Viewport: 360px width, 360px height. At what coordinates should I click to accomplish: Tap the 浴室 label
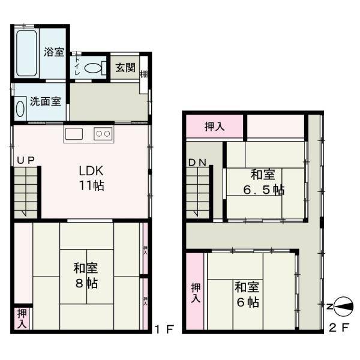(x=54, y=52)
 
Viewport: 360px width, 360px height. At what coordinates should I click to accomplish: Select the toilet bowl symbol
(x=94, y=68)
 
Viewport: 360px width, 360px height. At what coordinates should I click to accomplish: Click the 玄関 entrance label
(x=125, y=67)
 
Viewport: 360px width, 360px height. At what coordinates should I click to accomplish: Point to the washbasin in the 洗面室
(x=21, y=109)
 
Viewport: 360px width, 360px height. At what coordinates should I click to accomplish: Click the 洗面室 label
(x=45, y=101)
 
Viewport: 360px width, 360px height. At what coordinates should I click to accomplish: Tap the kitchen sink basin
(x=75, y=134)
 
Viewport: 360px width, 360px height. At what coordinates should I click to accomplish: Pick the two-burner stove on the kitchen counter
(x=103, y=134)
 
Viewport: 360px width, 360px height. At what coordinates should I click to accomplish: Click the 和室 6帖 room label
(x=247, y=294)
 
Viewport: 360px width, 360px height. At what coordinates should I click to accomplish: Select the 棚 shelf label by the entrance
(x=144, y=74)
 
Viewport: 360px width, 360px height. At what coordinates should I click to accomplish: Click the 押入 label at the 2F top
(x=215, y=127)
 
